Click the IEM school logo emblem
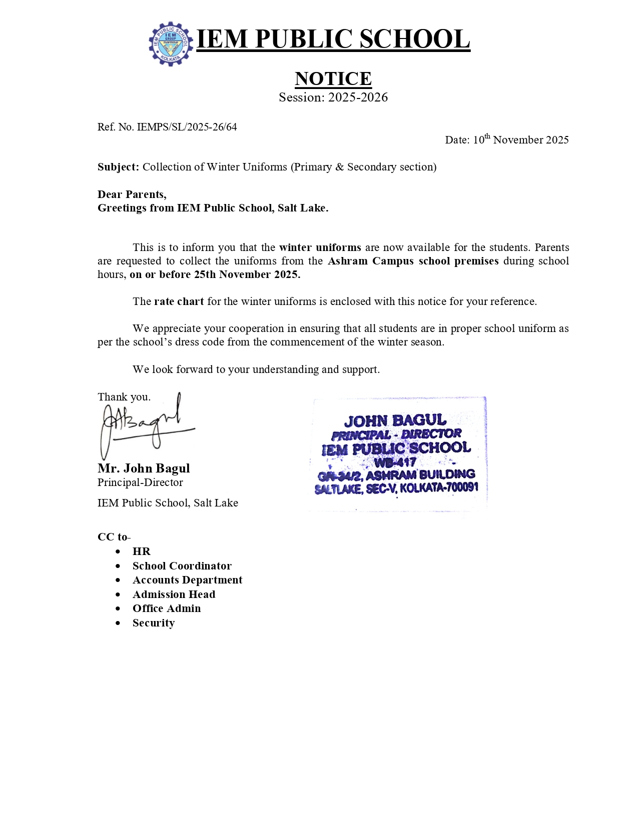click(x=171, y=44)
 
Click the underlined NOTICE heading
click(x=333, y=78)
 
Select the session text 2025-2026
click(x=358, y=97)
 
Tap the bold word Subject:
click(x=118, y=167)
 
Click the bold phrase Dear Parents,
click(x=132, y=194)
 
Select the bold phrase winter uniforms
click(x=320, y=247)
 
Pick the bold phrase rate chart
click(x=179, y=301)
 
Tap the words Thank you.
click(x=124, y=397)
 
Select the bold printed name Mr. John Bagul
click(x=144, y=468)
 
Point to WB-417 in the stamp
click(x=395, y=462)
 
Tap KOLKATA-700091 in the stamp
click(x=439, y=487)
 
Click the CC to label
click(x=113, y=537)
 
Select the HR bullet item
click(x=141, y=551)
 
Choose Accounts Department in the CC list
click(x=187, y=580)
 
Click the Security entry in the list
click(x=153, y=623)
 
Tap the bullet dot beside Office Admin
click(x=118, y=609)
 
